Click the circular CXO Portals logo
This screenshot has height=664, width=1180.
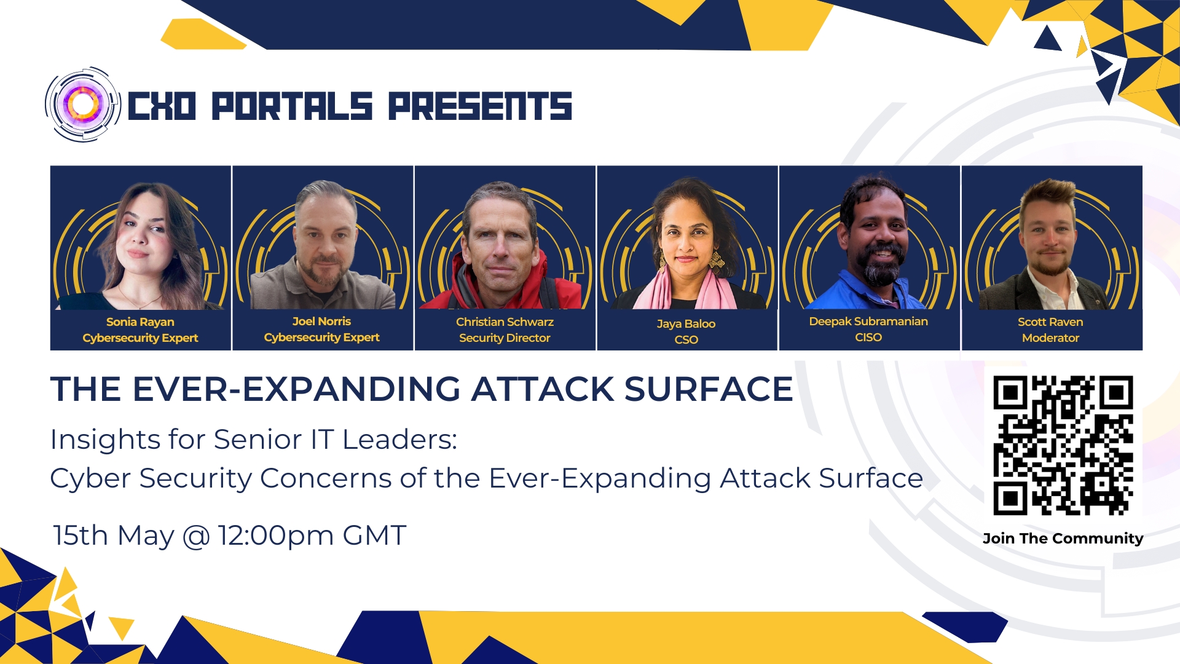[x=82, y=105]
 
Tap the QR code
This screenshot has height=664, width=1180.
[x=1063, y=445]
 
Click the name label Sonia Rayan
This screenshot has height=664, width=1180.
[x=140, y=322]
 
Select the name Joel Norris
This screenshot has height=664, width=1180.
[x=321, y=321]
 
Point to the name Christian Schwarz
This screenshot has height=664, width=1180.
[x=505, y=322]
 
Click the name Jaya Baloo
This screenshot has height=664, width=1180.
[x=686, y=324]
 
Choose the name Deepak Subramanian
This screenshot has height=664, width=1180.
[x=868, y=321]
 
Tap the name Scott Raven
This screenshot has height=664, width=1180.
[x=1050, y=322]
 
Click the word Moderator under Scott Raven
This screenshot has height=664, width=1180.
[x=1050, y=338]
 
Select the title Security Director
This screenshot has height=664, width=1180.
[x=505, y=338]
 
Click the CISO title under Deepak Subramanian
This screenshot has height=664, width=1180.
[x=868, y=337]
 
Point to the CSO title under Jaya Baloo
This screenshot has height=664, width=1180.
[x=686, y=339]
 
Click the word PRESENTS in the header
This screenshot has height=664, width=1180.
[x=480, y=106]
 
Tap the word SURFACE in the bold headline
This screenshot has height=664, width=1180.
[x=709, y=389]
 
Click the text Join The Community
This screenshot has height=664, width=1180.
[x=1063, y=539]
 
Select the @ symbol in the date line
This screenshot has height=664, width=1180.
[x=196, y=536]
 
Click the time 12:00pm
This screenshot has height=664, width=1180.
[x=276, y=536]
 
